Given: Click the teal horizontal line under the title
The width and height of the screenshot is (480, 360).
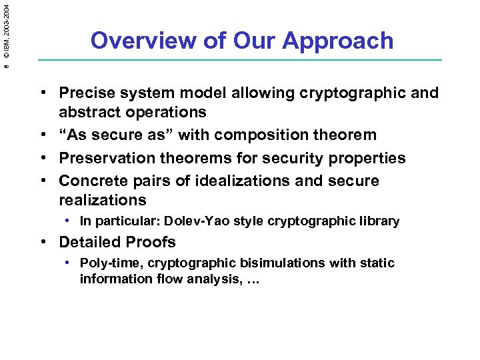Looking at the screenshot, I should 240,61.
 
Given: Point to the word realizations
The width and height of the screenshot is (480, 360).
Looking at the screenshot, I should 102,200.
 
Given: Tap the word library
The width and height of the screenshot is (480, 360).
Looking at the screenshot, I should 381,221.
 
